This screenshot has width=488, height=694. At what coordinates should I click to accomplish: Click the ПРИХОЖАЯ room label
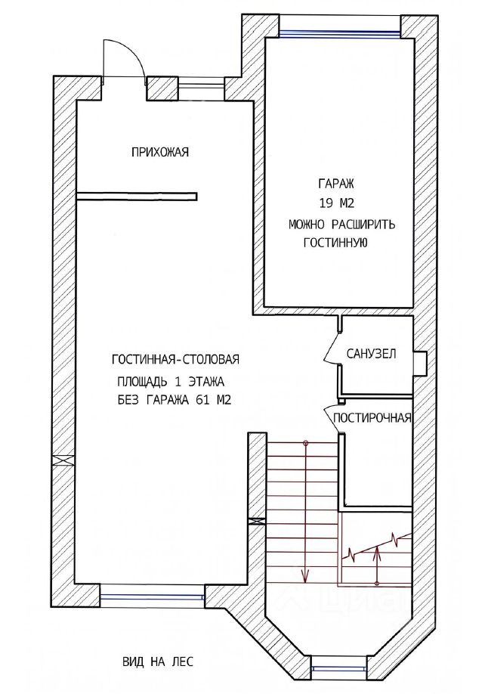(x=160, y=152)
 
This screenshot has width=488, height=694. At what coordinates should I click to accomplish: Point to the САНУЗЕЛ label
(x=371, y=354)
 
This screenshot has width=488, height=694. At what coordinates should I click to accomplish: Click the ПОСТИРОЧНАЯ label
(x=372, y=418)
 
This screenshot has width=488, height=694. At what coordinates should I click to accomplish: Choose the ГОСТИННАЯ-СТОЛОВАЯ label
(x=176, y=359)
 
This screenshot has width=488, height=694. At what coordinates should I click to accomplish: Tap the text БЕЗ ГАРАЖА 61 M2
(x=175, y=400)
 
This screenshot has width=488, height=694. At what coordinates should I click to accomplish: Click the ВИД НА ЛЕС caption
(x=158, y=662)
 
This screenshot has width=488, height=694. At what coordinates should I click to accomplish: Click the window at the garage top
(x=340, y=32)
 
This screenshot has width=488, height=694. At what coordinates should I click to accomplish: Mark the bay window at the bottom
(x=339, y=669)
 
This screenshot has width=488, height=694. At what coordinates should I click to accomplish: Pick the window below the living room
(x=152, y=596)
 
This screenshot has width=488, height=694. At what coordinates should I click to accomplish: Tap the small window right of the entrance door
(x=201, y=86)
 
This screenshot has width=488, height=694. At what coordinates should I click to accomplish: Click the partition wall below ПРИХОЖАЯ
(x=137, y=196)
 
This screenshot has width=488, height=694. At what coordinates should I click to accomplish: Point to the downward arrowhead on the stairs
(x=305, y=576)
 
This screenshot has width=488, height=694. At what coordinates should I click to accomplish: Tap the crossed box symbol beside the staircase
(x=257, y=522)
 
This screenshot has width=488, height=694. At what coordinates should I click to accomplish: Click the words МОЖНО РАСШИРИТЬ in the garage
(x=341, y=225)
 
